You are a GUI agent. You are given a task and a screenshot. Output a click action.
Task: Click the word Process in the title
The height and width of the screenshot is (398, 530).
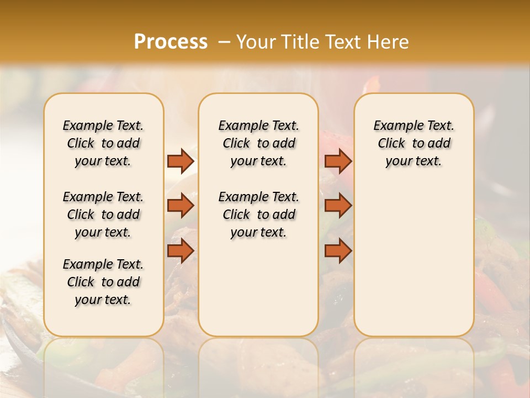[x=171, y=41]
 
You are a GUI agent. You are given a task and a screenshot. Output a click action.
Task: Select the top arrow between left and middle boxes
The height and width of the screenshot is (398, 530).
[x=181, y=161]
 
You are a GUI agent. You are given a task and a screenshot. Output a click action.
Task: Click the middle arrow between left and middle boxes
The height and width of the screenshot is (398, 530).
[x=181, y=206]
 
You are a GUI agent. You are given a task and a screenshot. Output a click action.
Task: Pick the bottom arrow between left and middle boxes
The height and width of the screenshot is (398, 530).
[x=181, y=250]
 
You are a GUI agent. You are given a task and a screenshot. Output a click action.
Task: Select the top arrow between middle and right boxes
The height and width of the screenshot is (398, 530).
[x=338, y=161]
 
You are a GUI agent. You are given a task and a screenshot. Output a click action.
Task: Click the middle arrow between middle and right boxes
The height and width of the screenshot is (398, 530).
[x=338, y=206]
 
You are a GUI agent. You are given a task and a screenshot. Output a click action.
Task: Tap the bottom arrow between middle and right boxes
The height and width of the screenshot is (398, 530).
[x=338, y=250]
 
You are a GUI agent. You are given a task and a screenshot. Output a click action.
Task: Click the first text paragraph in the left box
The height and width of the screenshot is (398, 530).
[x=103, y=143]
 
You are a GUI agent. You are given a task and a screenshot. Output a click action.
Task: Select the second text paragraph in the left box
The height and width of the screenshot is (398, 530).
[x=103, y=214]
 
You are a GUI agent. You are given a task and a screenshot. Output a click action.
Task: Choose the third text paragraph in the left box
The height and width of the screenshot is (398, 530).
[x=103, y=282]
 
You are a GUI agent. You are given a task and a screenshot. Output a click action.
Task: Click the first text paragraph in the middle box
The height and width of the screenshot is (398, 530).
[x=258, y=143]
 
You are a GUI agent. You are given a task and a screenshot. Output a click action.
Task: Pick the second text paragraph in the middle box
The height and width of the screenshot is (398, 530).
[x=258, y=214]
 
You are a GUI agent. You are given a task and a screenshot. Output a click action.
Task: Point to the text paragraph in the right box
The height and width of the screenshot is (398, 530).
[x=414, y=143]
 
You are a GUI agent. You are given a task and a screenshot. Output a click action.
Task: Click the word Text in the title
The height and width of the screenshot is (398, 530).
[x=343, y=41]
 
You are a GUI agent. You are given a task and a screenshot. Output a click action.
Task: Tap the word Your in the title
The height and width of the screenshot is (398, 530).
[x=256, y=41]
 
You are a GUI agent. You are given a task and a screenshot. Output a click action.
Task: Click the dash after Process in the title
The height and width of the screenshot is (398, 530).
[x=224, y=42]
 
